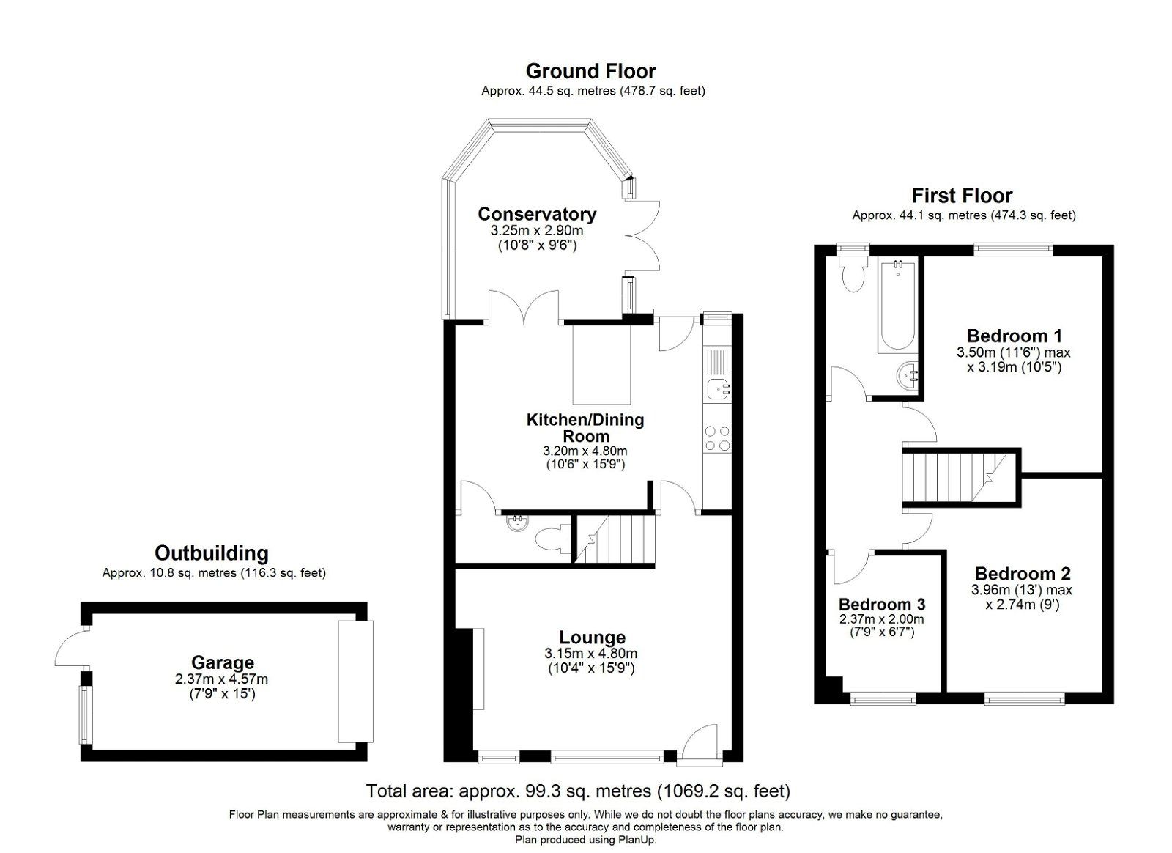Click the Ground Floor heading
590,71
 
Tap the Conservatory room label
537,214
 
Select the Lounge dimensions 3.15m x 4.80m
590,653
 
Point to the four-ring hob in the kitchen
716,437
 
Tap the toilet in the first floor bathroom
853,274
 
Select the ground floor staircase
614,539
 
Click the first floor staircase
953,477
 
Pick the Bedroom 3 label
881,605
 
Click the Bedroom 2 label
1022,574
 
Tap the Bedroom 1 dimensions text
1013,360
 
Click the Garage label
222,663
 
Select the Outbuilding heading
211,553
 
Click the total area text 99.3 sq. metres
578,791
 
